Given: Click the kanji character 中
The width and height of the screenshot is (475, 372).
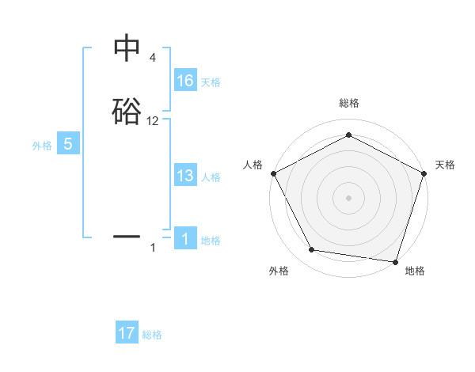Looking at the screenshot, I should [x=127, y=49].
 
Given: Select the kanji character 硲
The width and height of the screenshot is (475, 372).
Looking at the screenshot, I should [x=127, y=111].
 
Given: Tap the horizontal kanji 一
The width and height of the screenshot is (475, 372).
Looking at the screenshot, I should [x=127, y=236].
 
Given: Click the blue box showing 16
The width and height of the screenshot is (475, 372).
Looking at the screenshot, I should [x=185, y=81].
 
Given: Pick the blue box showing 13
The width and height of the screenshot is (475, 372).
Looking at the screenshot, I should [x=185, y=177].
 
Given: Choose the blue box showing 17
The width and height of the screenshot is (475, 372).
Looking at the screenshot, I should [x=127, y=333].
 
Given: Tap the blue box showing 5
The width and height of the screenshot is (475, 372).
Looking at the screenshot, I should [x=68, y=144].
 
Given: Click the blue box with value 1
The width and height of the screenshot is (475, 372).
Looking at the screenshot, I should [x=185, y=239].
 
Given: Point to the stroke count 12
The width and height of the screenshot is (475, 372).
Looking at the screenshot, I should [x=153, y=121].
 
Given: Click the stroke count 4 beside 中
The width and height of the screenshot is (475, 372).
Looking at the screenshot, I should [x=153, y=58].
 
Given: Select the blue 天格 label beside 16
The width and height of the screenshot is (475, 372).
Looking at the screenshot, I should [x=211, y=82].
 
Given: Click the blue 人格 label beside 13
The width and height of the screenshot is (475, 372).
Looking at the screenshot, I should [x=211, y=178].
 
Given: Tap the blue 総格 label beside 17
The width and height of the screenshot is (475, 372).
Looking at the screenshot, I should [x=152, y=335].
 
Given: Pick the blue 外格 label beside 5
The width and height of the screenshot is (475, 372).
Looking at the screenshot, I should [x=42, y=146].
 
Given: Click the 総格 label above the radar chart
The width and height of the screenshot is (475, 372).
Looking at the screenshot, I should [x=348, y=103].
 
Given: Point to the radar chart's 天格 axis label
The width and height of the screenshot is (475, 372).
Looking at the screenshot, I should [x=445, y=165].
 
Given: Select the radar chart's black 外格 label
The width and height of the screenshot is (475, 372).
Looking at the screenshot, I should [x=279, y=271].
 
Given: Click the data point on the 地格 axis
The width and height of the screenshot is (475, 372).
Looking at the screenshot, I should [x=396, y=261].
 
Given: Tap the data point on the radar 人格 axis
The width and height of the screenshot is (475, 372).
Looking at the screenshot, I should [x=273, y=173].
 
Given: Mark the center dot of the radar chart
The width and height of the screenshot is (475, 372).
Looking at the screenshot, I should [x=348, y=197].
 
